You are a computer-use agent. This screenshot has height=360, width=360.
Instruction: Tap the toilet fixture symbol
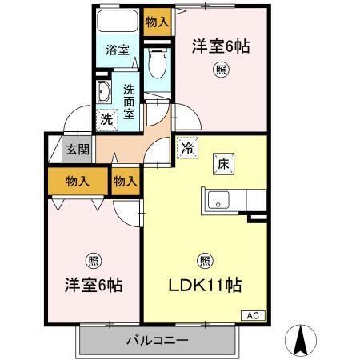click(157, 62)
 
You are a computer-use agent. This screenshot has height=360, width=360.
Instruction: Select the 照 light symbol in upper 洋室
click(220, 70)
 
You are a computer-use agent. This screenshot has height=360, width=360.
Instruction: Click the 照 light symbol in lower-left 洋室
click(94, 259)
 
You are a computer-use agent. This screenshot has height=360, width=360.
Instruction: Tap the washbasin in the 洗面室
click(103, 93)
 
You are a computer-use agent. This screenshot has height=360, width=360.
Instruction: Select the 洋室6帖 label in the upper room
click(220, 46)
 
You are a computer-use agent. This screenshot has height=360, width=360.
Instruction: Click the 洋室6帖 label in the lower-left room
click(93, 285)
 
